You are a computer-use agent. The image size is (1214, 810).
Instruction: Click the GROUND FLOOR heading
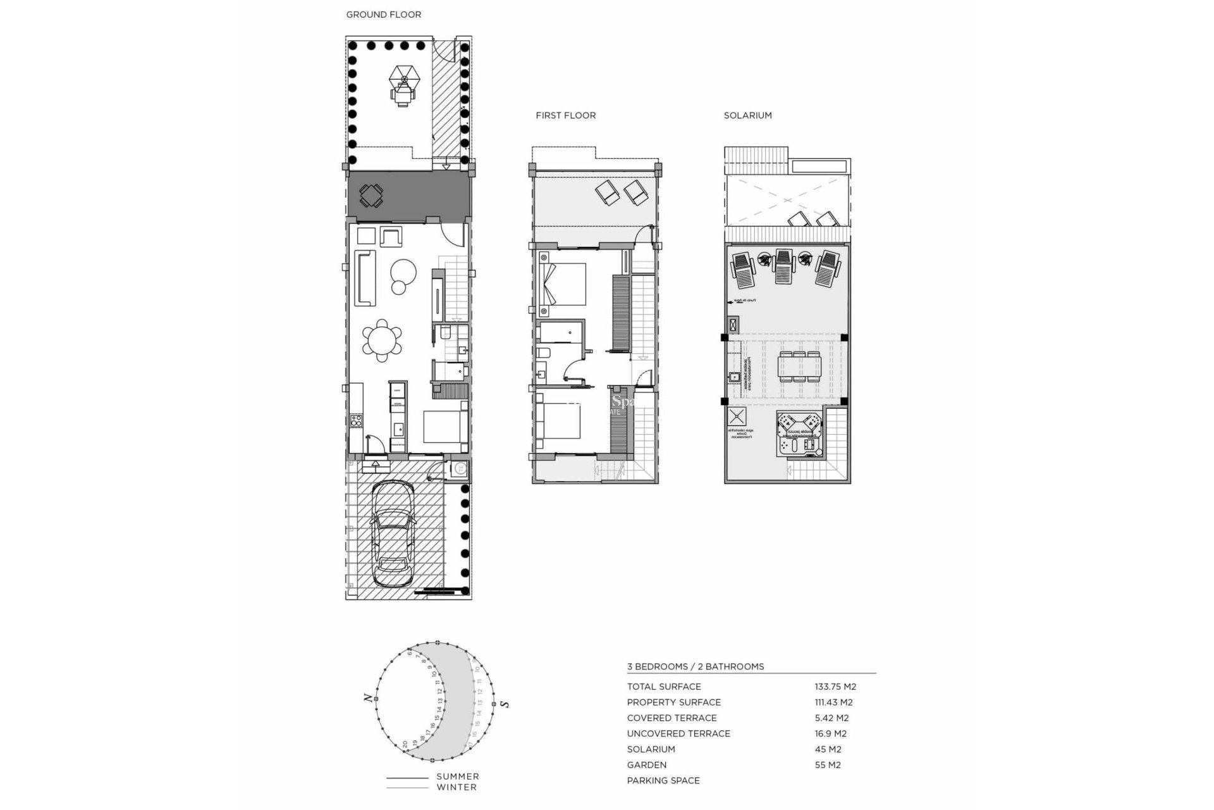[x=383, y=15]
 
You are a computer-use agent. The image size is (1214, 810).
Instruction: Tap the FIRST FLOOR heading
[x=565, y=115]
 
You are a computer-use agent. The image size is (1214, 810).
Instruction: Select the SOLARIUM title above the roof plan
[x=747, y=115]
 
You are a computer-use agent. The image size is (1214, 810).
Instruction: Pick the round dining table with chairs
[x=381, y=341]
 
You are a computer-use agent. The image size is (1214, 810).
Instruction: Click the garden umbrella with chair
[x=403, y=86]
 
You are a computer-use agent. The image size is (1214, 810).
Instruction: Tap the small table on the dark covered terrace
[x=371, y=196]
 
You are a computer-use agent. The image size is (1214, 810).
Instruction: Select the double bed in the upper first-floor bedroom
[x=563, y=284]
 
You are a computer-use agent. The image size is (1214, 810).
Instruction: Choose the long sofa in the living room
[x=365, y=278]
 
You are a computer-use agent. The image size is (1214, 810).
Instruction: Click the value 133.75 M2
[x=835, y=687]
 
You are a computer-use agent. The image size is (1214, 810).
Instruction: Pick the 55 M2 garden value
[x=828, y=764]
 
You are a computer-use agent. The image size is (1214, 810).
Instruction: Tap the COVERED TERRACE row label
[x=671, y=718]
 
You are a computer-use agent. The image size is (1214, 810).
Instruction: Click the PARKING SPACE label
[x=663, y=780]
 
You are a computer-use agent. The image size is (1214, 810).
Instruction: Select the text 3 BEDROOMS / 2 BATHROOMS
[x=695, y=666]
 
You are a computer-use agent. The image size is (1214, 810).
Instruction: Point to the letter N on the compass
[x=367, y=698]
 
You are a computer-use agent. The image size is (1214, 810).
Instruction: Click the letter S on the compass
[x=504, y=704]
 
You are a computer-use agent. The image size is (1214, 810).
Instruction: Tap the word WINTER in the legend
[x=457, y=787]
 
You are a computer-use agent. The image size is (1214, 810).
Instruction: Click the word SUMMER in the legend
[x=457, y=776]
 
